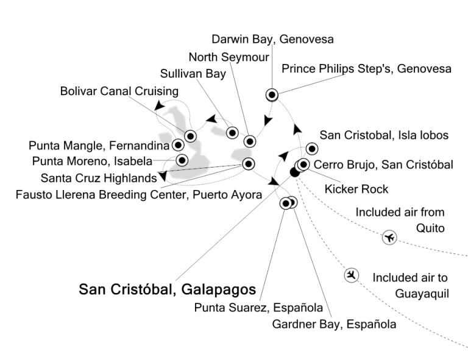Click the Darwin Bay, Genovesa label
[272, 39]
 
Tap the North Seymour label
[229, 57]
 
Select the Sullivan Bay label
[193, 74]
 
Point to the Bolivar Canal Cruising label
[119, 91]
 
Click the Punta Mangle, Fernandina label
[99, 146]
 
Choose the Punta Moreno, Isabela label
[92, 161]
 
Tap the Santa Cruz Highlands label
[99, 178]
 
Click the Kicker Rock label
[356, 189]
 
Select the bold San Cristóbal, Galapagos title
[168, 289]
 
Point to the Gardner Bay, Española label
[335, 324]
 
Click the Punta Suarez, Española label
[258, 308]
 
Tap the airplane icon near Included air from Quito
[389, 238]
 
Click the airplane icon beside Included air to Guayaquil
[351, 275]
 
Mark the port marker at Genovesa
[272, 95]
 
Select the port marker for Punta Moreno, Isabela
[182, 160]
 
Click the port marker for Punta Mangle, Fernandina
[178, 145]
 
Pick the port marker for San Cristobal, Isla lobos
[312, 149]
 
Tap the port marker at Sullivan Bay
[232, 133]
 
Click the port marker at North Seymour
[250, 141]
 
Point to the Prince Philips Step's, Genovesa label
[366, 69]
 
